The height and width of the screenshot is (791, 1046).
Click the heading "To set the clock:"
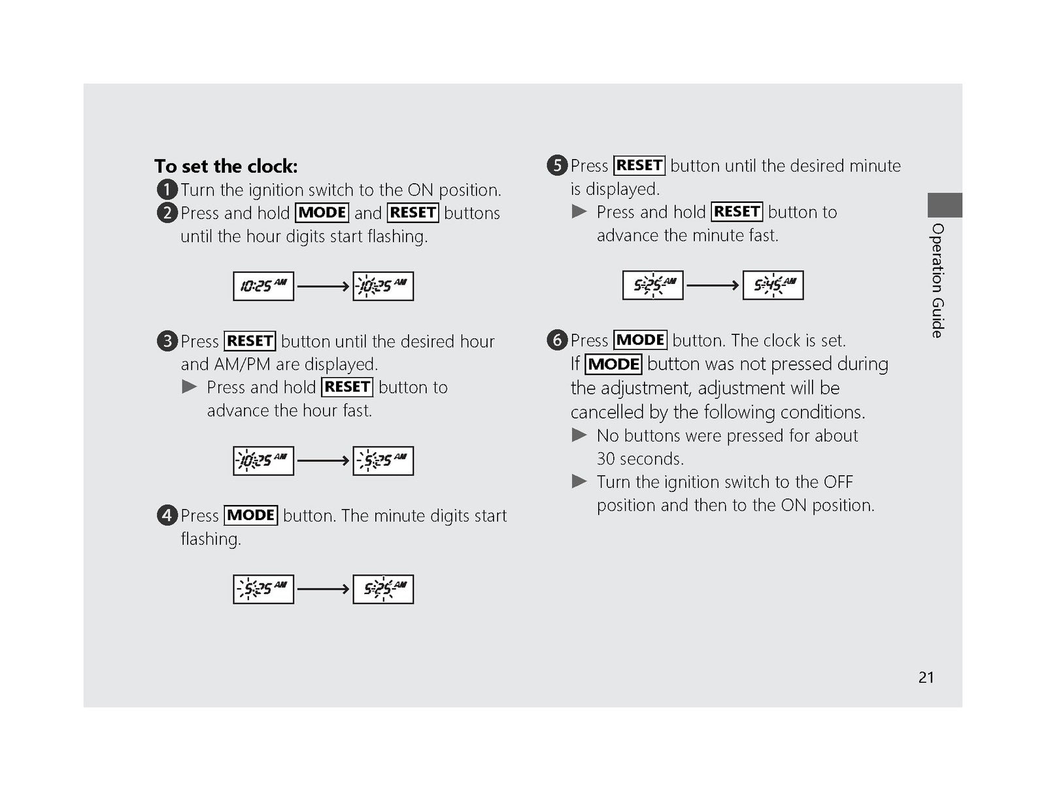click(x=226, y=166)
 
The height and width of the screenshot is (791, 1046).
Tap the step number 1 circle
click(x=167, y=189)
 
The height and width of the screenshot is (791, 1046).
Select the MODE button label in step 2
click(x=322, y=212)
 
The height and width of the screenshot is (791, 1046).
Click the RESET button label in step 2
click(x=413, y=212)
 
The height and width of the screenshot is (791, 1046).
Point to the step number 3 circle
click(x=167, y=341)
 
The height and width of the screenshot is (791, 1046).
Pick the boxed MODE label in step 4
click(x=250, y=515)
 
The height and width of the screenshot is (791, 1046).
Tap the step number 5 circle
click(x=556, y=166)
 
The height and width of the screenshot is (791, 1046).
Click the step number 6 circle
click(x=556, y=340)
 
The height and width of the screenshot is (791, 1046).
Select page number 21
click(x=926, y=677)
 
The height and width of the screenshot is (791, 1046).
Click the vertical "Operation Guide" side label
click(x=938, y=281)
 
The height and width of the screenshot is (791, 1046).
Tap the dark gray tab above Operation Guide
click(x=945, y=205)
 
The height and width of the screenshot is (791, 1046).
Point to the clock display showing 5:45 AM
click(x=773, y=285)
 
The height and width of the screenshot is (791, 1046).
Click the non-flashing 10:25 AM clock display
click(x=263, y=286)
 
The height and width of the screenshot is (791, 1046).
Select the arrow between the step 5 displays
click(x=713, y=285)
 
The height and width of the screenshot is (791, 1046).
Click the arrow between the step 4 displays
click(x=323, y=589)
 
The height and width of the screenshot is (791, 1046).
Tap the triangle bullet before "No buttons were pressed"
click(x=579, y=434)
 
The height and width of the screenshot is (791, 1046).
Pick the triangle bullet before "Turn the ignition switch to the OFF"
click(x=579, y=481)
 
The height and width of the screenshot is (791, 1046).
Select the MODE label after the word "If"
click(x=613, y=364)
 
